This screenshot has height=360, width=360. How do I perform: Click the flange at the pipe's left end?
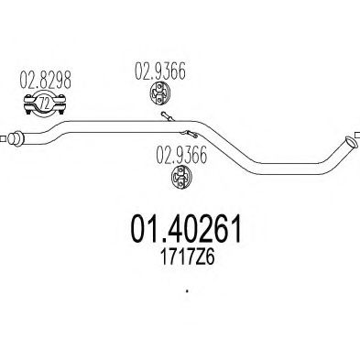tap(15, 138)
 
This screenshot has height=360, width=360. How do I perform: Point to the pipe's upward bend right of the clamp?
tap(64, 125)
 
